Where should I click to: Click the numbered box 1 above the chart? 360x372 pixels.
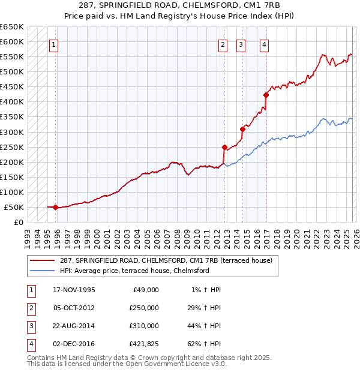(x=53, y=44)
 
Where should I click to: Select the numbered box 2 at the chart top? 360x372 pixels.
(x=223, y=44)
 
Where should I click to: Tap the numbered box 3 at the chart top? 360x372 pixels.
(x=241, y=44)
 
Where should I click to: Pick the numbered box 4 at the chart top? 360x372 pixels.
(x=263, y=44)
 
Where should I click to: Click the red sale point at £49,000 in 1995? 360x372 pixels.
(x=56, y=208)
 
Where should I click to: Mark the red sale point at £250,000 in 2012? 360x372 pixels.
(x=224, y=147)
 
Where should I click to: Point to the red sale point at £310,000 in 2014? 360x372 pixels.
(x=243, y=129)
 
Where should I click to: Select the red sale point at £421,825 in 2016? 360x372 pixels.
(x=266, y=95)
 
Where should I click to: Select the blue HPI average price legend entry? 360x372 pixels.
(x=134, y=271)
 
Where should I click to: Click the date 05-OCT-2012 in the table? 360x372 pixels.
(x=74, y=307)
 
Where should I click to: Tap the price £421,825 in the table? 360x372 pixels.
(x=144, y=344)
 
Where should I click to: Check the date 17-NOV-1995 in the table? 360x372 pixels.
(x=74, y=289)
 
